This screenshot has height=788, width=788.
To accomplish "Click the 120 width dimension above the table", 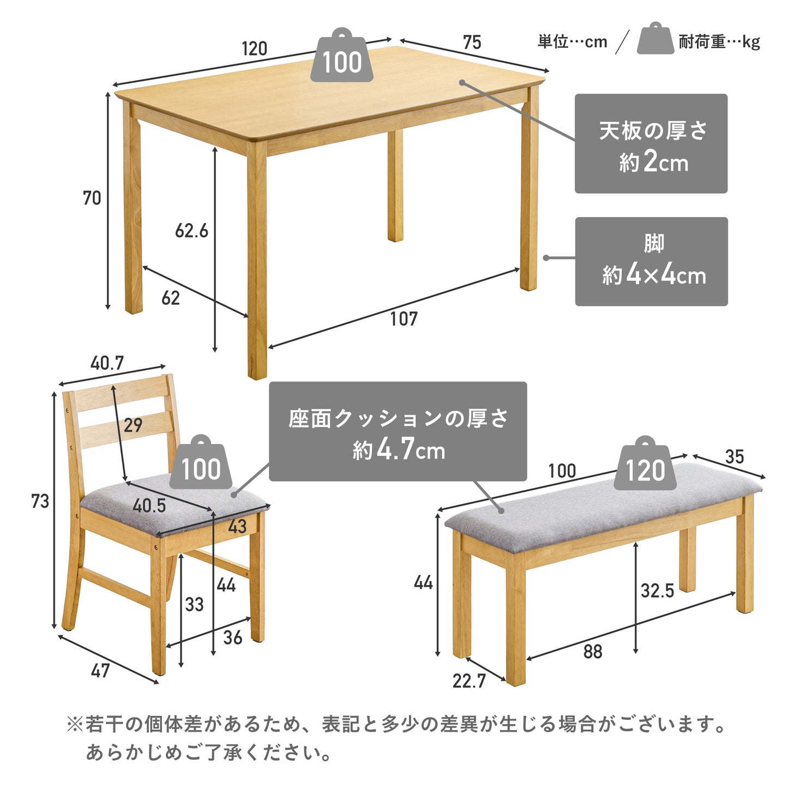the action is pos(254,49).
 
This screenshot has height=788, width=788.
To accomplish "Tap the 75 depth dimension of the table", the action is pos(472,43).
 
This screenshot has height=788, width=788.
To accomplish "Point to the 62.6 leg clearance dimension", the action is pos(191,231).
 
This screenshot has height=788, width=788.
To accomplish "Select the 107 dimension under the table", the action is pos(404,319).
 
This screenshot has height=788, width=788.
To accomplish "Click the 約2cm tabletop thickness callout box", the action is pos(651,143).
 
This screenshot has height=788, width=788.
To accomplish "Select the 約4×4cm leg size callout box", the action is pos(652,262).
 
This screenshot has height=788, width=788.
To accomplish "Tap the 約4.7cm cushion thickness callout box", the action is pos(398,431).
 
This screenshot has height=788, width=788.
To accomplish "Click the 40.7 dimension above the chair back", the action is pos(107,363).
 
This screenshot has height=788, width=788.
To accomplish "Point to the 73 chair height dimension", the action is pos(40,501).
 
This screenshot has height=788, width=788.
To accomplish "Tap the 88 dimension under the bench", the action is pos(593,652).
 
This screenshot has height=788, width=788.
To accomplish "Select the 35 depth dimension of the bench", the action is pos(735,457).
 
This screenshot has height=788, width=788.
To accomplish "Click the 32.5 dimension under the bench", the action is pos(657,591).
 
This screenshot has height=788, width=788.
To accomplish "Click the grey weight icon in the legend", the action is pos(655,38).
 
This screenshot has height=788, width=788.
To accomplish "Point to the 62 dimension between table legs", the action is pos(171,298).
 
